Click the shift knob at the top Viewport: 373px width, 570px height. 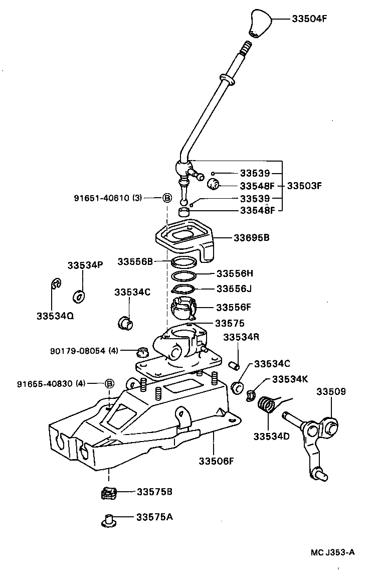tap(260, 23)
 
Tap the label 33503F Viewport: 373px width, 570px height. tap(304, 186)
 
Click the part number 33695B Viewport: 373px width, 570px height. tap(251, 237)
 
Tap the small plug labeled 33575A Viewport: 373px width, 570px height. tap(108, 519)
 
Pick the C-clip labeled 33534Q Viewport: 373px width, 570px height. tap(56, 284)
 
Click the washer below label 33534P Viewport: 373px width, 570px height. tap(79, 296)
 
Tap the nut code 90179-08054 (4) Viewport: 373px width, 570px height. tap(84, 351)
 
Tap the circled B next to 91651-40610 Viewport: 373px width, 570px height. tap(167, 198)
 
